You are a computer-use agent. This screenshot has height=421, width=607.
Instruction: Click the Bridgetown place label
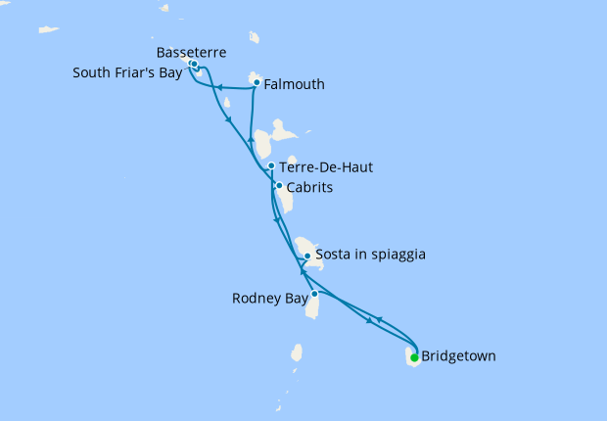click(458, 356)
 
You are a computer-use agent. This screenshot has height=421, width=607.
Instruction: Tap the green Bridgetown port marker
click(414, 357)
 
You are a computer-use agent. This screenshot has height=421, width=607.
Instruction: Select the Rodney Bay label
click(270, 298)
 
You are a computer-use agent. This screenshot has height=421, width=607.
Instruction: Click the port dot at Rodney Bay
click(314, 294)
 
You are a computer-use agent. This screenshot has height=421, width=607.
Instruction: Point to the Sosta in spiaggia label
click(371, 256)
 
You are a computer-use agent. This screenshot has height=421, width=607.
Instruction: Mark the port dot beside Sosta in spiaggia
click(307, 257)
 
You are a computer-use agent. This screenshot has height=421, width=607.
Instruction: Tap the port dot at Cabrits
click(279, 186)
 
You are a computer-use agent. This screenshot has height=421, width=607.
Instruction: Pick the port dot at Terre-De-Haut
click(270, 166)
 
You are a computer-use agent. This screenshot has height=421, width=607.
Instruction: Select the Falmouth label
click(294, 84)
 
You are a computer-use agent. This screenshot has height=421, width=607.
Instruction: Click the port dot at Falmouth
click(257, 82)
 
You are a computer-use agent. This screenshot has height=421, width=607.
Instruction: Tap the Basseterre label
click(192, 51)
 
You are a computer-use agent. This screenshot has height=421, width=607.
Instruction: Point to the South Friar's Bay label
click(125, 71)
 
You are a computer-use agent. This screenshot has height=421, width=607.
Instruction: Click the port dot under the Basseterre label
click(194, 65)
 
